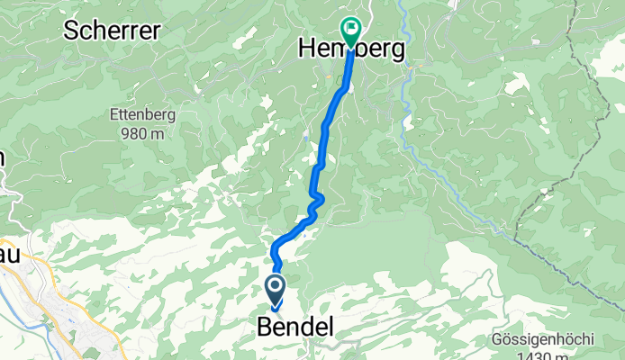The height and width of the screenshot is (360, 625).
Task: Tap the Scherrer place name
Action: [x=112, y=30]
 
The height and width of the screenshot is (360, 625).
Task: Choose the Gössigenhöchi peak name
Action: [x=543, y=340]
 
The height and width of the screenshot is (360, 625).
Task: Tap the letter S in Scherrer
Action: [x=69, y=30]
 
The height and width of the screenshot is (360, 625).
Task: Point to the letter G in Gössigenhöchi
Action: [x=498, y=340]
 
